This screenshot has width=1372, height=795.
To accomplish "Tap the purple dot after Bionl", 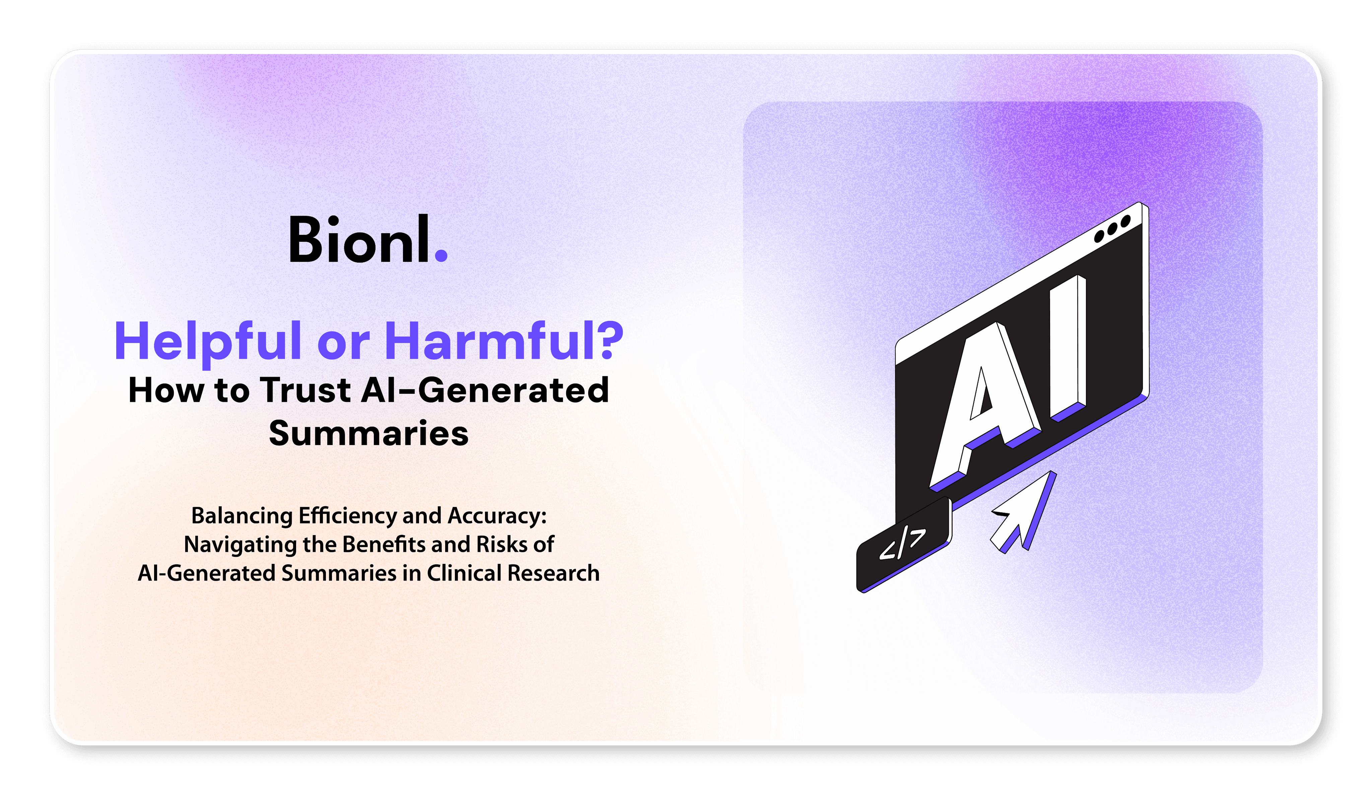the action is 441,256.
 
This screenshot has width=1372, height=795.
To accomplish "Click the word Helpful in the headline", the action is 207,342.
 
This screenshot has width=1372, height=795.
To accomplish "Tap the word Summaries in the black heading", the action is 368,434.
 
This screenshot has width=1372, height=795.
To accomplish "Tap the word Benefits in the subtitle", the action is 384,544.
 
